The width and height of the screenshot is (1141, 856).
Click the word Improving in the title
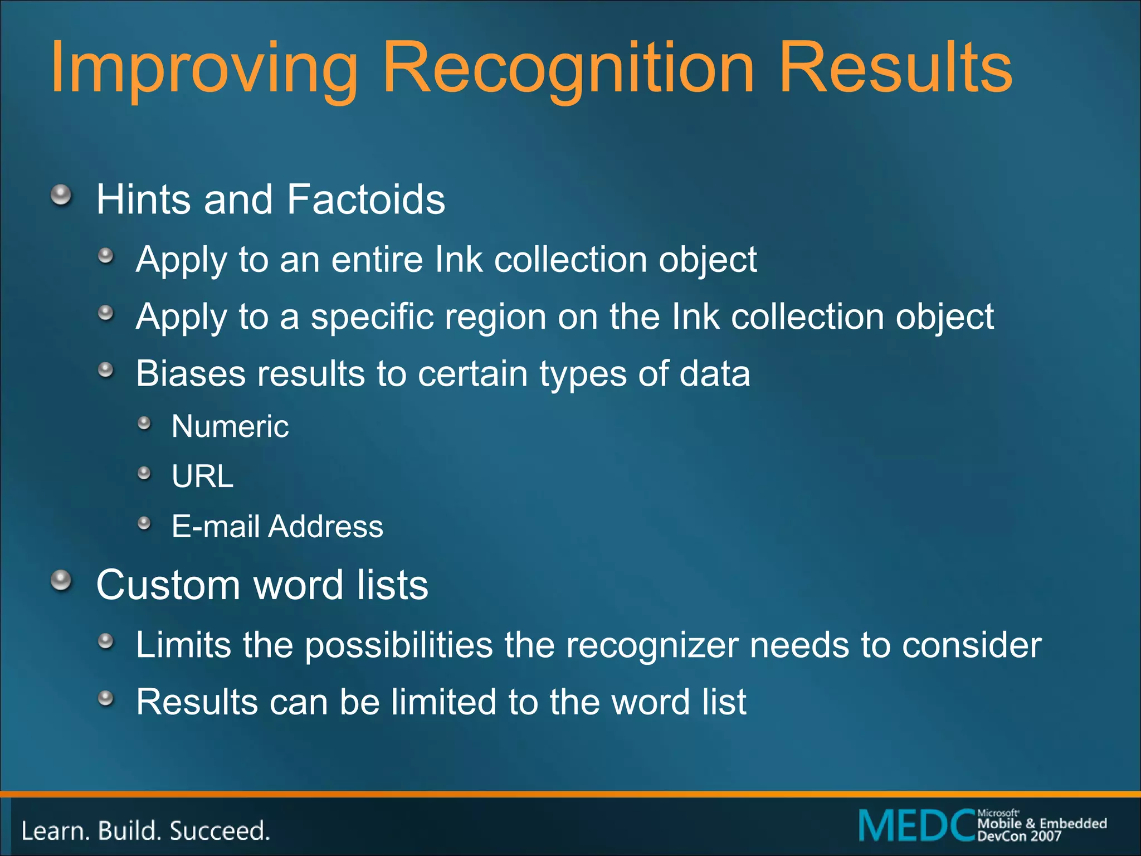[203, 70]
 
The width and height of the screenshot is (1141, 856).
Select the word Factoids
[366, 200]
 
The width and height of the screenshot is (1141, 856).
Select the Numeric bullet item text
[230, 427]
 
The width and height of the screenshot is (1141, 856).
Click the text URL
[202, 476]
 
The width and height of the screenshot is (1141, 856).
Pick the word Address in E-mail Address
[326, 527]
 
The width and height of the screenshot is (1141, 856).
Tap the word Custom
[168, 585]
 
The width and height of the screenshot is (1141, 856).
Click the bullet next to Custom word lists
[61, 581]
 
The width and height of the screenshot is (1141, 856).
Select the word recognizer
[652, 645]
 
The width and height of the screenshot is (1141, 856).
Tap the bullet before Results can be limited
[105, 698]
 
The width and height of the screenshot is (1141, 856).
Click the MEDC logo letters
[917, 825]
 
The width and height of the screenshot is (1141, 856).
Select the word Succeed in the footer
[220, 831]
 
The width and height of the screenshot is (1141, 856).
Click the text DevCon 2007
[1019, 836]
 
